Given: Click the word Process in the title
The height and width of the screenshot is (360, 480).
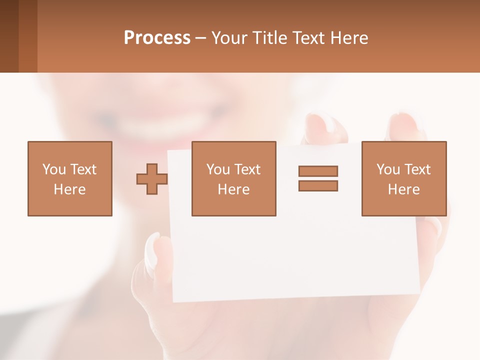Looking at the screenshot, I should (x=157, y=38).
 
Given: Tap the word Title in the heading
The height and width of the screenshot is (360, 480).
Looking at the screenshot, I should (x=270, y=38).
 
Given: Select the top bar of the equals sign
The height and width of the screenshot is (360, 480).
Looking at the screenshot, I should (x=318, y=171).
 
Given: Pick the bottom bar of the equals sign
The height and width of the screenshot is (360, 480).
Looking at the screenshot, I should (x=318, y=185).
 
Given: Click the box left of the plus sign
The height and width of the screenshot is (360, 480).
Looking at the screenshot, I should (x=69, y=179).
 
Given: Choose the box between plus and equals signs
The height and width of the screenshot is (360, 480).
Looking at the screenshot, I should (x=233, y=179).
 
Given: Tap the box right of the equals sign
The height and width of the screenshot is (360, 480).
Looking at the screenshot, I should (x=403, y=179).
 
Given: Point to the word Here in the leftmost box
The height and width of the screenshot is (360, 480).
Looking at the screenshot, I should (x=69, y=189).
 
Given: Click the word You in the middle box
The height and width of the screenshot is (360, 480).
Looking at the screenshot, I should (x=218, y=169).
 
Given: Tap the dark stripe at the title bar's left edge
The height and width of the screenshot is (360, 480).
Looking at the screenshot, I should (x=9, y=36).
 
